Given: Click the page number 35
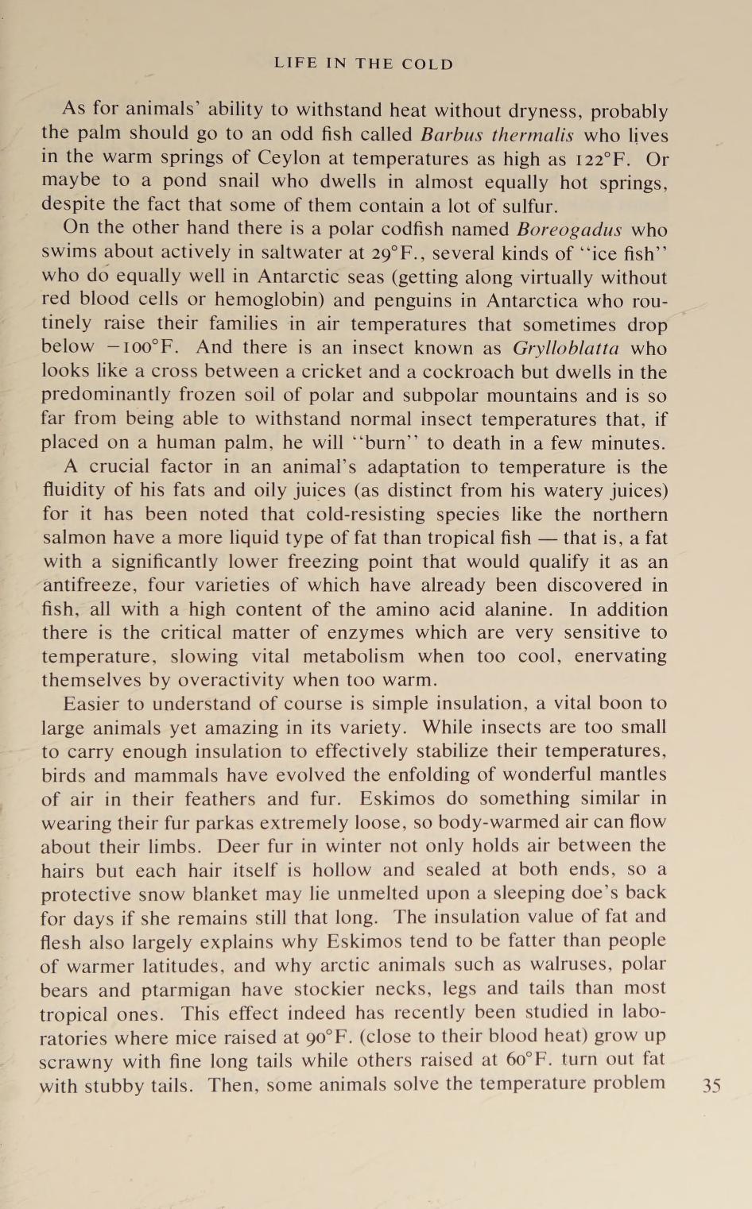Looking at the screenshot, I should click(x=711, y=1085).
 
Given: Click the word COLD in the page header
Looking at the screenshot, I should click(x=428, y=64).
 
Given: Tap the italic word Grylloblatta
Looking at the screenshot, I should click(x=566, y=348).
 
